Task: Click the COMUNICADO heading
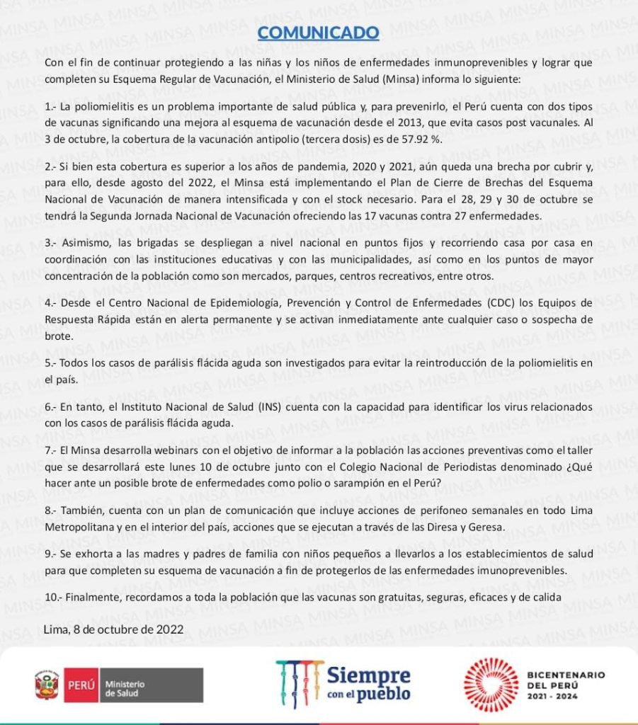coord(318,33)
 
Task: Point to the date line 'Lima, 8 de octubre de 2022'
coord(113,629)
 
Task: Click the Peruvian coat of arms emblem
coord(46,685)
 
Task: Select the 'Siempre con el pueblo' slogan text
coord(368,683)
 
